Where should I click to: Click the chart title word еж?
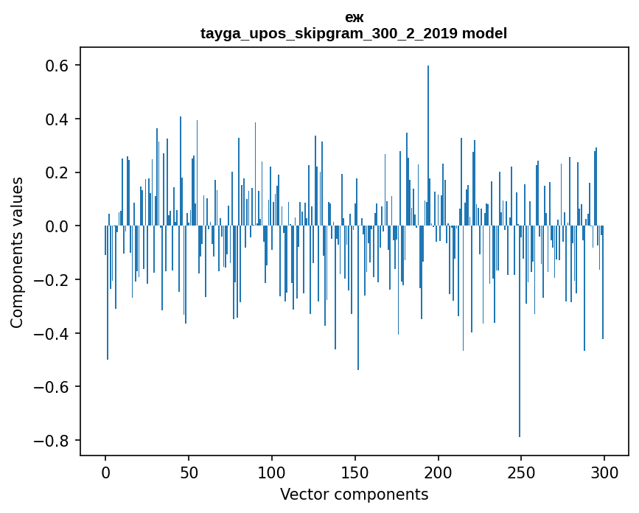(x=354, y=18)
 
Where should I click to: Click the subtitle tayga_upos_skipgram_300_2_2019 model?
(x=354, y=33)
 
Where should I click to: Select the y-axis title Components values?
(x=16, y=252)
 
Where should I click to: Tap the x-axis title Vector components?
(x=354, y=494)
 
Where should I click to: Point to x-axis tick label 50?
(x=189, y=472)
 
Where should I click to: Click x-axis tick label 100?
(x=272, y=472)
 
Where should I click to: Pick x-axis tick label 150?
(x=355, y=472)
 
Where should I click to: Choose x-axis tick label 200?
(x=439, y=472)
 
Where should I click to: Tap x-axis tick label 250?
(x=521, y=472)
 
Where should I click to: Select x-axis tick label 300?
(x=604, y=472)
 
